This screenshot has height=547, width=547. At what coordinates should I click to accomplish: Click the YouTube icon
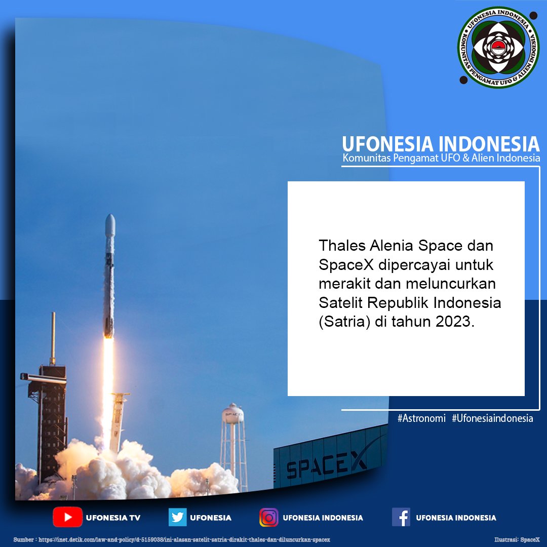click(x=67, y=517)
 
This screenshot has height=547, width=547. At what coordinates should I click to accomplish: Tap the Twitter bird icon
click(x=178, y=517)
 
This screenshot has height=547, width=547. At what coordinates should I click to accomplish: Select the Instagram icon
click(x=269, y=517)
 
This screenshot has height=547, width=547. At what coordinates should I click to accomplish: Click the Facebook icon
click(x=401, y=517)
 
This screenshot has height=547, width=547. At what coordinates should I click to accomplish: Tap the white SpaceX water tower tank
click(x=233, y=414)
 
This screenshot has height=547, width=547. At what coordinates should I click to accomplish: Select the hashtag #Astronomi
click(x=421, y=419)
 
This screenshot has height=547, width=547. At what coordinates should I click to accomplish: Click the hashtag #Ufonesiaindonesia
click(x=492, y=419)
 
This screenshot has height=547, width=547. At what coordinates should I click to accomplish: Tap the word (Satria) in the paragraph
click(x=342, y=322)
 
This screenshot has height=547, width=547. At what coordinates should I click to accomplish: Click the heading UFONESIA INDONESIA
click(x=440, y=144)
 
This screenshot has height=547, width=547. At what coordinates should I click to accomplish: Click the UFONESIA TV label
click(x=113, y=518)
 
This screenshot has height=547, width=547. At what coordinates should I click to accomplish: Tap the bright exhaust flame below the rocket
click(x=108, y=375)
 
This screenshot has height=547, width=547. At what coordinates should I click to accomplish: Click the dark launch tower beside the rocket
click(x=51, y=415)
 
